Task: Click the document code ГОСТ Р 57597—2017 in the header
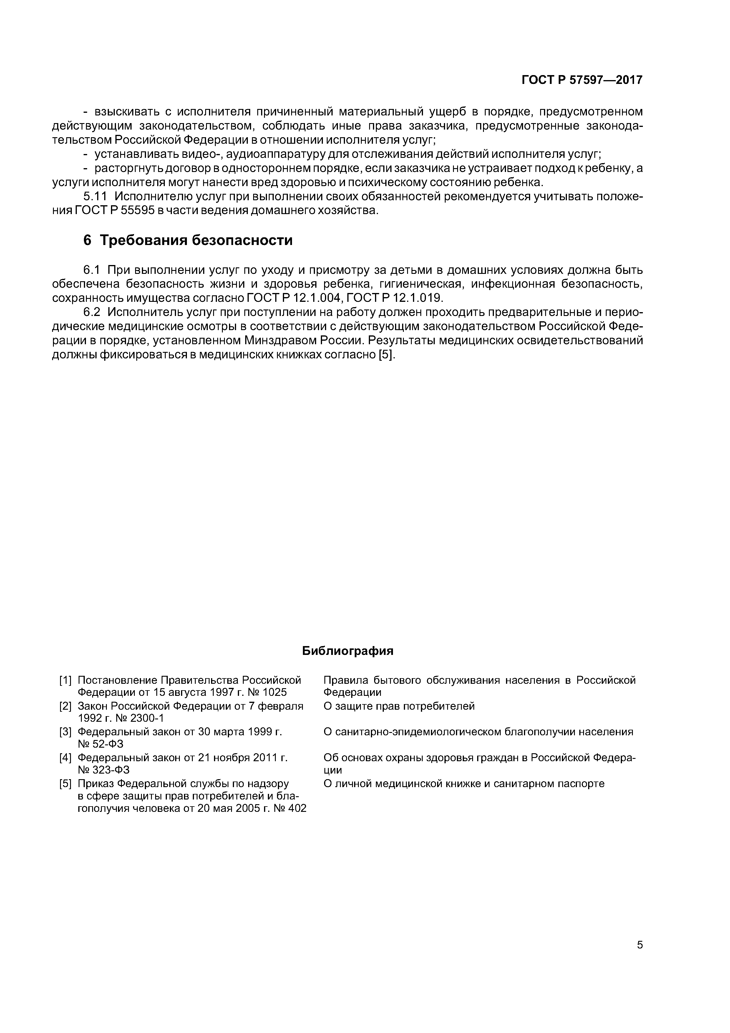[582, 80]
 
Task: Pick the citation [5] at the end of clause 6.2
[387, 355]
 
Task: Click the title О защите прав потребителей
[399, 706]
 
